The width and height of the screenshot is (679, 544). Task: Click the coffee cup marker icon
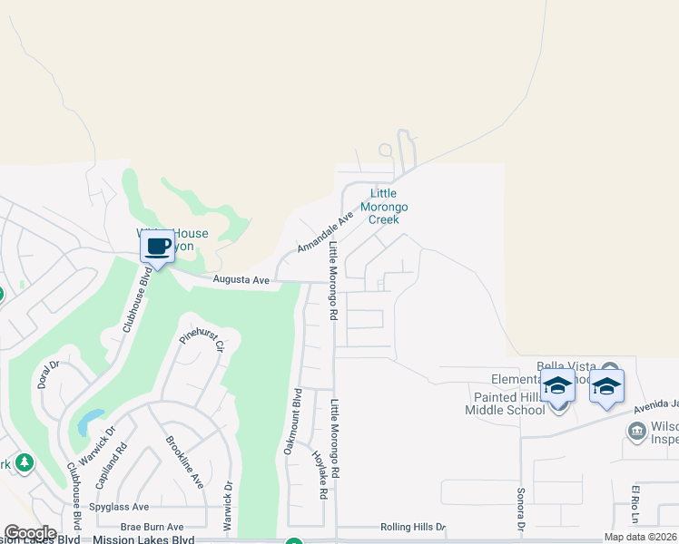158,246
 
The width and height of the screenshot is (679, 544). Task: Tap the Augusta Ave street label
241,280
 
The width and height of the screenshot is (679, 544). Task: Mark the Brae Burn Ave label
153,527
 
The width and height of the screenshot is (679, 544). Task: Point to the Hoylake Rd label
320,476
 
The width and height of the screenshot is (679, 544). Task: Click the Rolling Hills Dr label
413,527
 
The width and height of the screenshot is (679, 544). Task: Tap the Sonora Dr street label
522,510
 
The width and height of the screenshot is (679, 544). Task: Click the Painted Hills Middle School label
509,403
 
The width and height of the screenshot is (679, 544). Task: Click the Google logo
30,533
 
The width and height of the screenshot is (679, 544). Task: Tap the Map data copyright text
641,537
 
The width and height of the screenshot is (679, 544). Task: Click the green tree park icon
25,462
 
